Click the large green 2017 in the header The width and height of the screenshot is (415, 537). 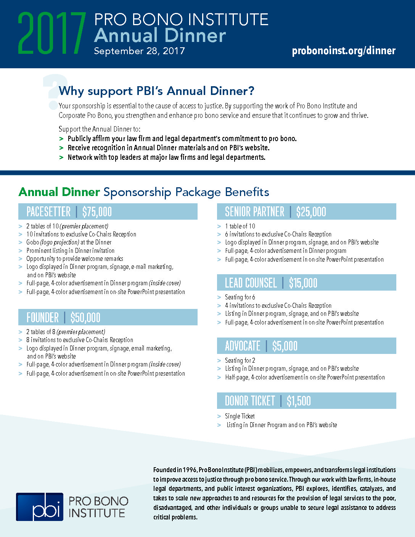click(x=51, y=34)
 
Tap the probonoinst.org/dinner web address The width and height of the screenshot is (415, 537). click(x=343, y=51)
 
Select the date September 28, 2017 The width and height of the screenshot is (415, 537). click(x=139, y=51)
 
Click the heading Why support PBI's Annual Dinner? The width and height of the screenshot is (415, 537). click(x=156, y=91)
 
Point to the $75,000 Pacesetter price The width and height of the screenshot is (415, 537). click(x=97, y=212)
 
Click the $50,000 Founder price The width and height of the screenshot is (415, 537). click(x=85, y=317)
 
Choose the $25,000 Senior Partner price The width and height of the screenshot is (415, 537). click(x=311, y=212)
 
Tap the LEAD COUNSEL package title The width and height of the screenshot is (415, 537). click(x=251, y=283)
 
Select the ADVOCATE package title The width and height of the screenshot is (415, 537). click(x=243, y=346)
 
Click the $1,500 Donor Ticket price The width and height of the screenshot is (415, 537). click(x=299, y=401)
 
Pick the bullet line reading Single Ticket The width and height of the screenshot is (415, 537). click(x=240, y=416)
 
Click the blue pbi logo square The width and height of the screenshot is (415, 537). click(x=40, y=507)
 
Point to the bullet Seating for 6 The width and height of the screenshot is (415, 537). click(x=240, y=297)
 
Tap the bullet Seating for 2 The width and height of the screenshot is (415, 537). click(x=240, y=360)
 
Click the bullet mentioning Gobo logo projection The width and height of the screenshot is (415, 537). click(x=69, y=242)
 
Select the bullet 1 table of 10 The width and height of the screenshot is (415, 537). click(x=240, y=226)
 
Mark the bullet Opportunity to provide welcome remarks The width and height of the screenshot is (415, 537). click(x=75, y=259)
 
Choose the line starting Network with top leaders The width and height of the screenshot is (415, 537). click(x=166, y=157)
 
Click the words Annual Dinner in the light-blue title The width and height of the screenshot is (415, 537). click(x=160, y=35)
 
